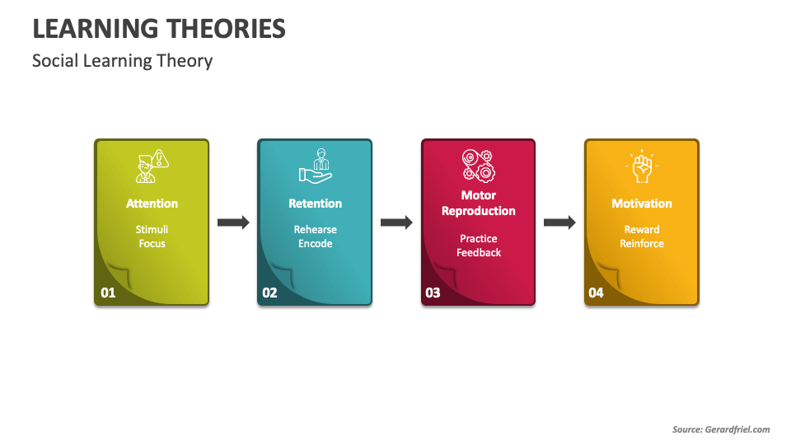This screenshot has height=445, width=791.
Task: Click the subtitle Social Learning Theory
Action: (123, 61)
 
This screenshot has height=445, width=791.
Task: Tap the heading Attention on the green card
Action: (152, 204)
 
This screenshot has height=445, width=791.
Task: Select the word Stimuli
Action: (152, 230)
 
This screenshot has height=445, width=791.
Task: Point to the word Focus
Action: (152, 244)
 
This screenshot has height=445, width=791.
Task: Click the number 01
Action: (108, 293)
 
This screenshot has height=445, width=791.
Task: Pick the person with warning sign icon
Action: (152, 166)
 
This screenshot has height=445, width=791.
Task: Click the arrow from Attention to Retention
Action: (233, 222)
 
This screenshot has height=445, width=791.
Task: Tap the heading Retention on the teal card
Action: (316, 204)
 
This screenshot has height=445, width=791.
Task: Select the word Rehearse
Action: (316, 230)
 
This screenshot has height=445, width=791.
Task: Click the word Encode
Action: (316, 244)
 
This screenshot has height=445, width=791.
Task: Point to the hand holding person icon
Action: (316, 166)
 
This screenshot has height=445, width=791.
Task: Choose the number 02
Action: (269, 293)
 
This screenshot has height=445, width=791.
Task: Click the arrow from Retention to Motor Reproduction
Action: (396, 222)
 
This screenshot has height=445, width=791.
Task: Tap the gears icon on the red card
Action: (478, 166)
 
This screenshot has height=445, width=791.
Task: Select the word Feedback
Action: (479, 253)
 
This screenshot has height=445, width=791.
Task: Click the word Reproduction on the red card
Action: (479, 211)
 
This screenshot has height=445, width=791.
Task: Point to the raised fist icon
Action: (642, 166)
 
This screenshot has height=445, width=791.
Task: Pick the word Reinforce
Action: (642, 244)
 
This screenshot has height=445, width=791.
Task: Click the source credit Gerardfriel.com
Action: (737, 429)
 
